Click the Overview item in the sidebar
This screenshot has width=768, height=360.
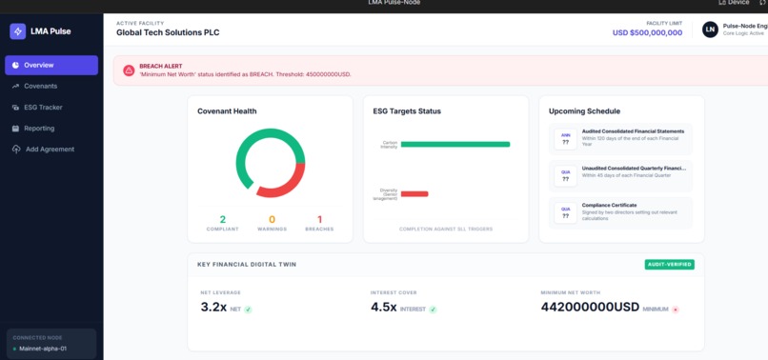51,65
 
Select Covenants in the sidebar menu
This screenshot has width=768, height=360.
40,86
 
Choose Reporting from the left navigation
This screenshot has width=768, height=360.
39,128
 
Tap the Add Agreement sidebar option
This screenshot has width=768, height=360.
49,149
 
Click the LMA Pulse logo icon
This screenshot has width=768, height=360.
17,30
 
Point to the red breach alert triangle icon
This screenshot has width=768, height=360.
128,70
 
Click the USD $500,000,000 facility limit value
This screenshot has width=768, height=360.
647,32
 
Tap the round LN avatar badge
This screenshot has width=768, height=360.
710,30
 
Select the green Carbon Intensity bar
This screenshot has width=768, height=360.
455,145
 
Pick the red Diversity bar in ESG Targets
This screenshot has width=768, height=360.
414,193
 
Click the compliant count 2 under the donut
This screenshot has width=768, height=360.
223,219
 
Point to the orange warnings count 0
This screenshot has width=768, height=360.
272,219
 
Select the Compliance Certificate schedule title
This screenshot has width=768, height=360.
620,204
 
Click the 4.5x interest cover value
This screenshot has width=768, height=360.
383,307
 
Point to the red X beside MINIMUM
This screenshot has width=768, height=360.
676,310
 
